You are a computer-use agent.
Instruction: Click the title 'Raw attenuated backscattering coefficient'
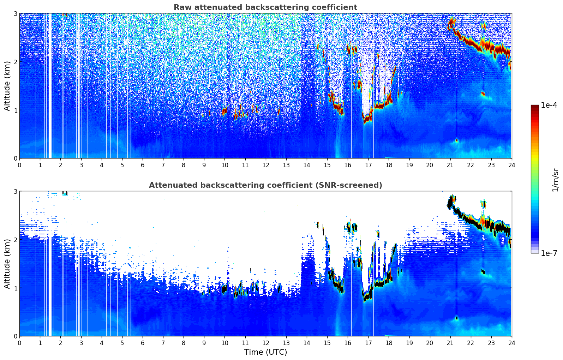pos(265,7)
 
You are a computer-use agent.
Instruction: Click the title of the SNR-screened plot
pos(265,185)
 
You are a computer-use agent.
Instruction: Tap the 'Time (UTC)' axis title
pos(265,352)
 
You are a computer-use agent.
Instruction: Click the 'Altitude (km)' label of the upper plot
pos(7,86)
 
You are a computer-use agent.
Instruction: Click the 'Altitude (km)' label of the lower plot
pos(7,264)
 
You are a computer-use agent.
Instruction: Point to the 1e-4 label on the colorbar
pos(549,105)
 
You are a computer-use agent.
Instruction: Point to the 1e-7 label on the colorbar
pos(549,253)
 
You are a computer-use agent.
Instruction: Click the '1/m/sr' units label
pos(555,180)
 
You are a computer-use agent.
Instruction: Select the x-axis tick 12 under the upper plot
pos(266,165)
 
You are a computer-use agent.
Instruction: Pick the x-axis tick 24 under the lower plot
pos(512,343)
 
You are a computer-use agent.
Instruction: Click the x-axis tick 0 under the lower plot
pos(20,343)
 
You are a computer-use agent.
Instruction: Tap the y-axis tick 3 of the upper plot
pos(15,13)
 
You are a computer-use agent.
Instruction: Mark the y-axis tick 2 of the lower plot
pos(15,240)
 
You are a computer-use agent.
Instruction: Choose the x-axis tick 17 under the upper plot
pos(368,165)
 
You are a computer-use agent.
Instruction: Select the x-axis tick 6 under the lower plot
pos(143,343)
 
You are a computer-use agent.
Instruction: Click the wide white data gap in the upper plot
pos(50,86)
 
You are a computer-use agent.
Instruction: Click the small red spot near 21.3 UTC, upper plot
pos(457,140)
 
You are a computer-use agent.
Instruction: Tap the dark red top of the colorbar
pos(535,107)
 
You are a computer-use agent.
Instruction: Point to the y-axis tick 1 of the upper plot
pos(15,110)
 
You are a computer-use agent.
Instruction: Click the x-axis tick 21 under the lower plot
pos(450,343)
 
